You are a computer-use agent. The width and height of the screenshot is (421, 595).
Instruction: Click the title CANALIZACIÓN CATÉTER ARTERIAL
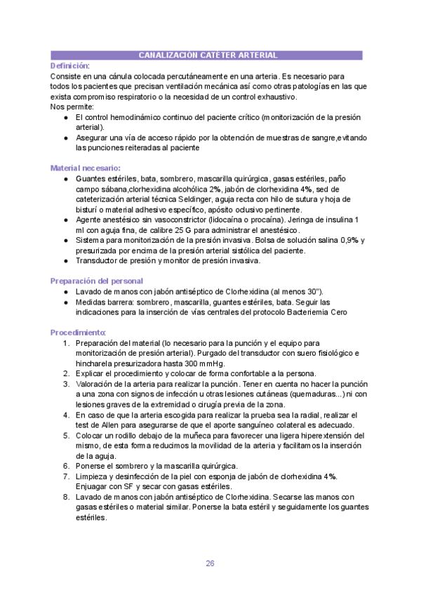[207, 55]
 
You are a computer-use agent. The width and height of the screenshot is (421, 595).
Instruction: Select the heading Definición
[69, 65]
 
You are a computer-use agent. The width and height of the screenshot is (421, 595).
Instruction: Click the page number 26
[210, 563]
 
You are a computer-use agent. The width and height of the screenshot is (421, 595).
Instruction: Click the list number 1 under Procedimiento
[66, 342]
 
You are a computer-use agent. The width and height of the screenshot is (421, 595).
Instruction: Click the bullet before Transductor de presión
[65, 261]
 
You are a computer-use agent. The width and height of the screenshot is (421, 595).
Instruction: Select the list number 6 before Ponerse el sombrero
[66, 467]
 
